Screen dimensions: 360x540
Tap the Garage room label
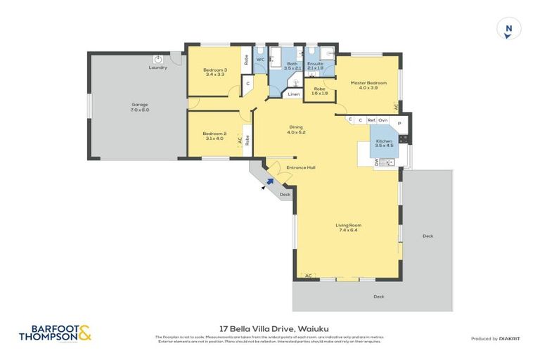click(139, 107)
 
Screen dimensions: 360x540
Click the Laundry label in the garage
click(157, 67)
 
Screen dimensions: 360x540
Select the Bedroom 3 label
click(215, 70)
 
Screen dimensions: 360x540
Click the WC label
click(259, 60)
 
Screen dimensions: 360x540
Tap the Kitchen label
click(383, 141)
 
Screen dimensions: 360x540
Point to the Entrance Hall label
click(300, 167)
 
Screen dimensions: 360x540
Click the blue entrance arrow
click(269, 181)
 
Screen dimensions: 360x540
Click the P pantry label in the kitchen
click(399, 124)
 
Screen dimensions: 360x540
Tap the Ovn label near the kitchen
click(382, 120)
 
